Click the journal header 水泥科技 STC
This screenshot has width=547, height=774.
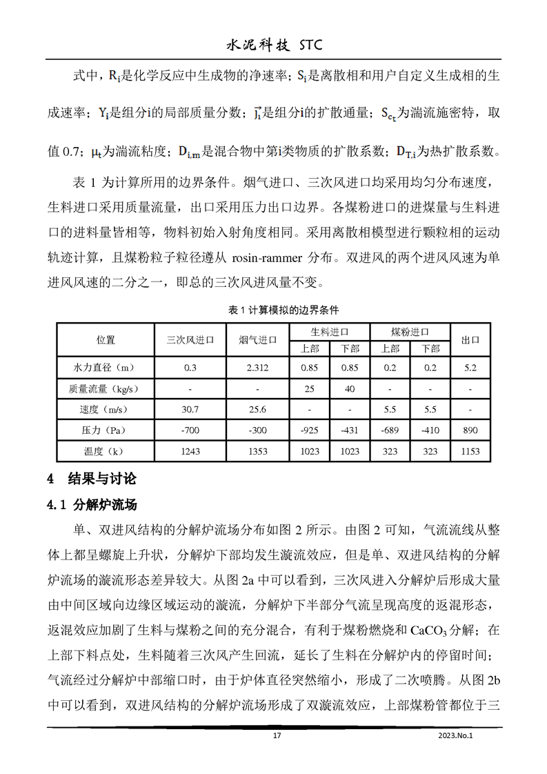(x=274, y=46)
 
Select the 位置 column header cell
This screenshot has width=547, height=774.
(x=106, y=339)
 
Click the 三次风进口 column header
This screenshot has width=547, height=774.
(x=190, y=339)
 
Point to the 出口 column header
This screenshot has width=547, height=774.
(x=470, y=339)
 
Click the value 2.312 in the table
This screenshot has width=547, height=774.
(x=257, y=368)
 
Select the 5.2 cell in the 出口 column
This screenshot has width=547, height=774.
(x=470, y=368)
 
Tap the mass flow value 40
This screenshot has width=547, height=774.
(x=350, y=388)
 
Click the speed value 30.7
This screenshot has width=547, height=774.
(x=190, y=409)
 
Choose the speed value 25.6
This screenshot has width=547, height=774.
(x=257, y=409)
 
